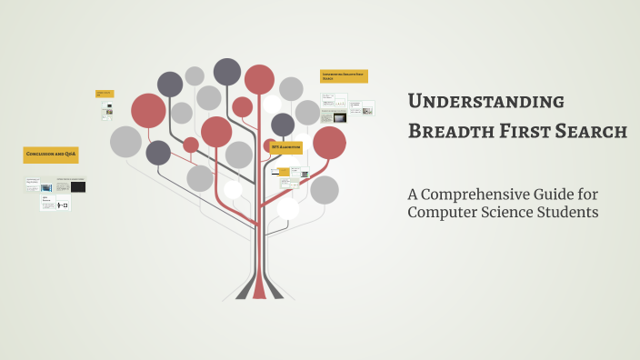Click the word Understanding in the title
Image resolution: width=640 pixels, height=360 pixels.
click(x=485, y=101)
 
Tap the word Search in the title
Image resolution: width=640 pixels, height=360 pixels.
click(x=588, y=132)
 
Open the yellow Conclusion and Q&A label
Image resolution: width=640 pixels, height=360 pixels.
click(x=51, y=155)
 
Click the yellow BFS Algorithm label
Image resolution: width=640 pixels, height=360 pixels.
click(x=284, y=147)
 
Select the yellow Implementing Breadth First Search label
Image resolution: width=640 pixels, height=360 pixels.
click(x=344, y=76)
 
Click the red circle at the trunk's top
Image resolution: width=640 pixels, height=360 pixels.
click(x=259, y=79)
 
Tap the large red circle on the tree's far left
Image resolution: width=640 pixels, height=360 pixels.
click(x=148, y=110)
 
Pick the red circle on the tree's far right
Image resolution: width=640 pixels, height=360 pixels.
click(x=329, y=142)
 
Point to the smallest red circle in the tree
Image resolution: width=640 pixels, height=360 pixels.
click(x=191, y=145)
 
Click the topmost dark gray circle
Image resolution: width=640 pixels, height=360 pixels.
click(x=227, y=71)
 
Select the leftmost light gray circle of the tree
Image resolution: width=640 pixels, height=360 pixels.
click(x=125, y=141)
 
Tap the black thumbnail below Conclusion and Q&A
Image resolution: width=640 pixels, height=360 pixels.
click(x=78, y=187)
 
